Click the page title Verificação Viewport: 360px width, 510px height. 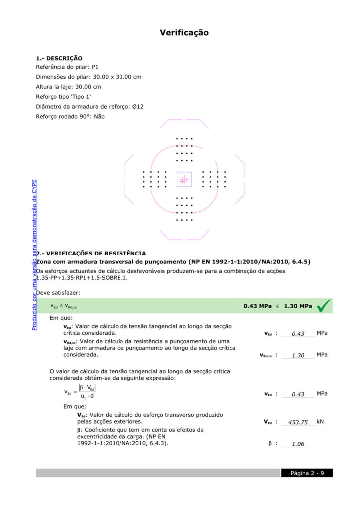(184, 33)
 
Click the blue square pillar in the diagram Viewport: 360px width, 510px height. (184, 179)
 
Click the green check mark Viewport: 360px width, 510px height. (323, 306)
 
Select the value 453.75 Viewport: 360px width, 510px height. (298, 422)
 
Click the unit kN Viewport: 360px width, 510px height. (320, 422)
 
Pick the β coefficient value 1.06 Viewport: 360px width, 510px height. (298, 444)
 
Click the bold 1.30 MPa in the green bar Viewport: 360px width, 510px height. (298, 306)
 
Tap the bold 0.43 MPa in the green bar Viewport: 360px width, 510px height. (257, 306)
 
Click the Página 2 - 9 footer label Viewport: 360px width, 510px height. (307, 473)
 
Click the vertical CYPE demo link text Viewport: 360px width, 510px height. (34, 254)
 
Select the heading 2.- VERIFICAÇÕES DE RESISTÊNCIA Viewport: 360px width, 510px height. (91, 254)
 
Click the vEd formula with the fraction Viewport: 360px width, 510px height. (80, 392)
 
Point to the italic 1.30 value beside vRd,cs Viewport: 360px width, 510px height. (298, 356)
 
